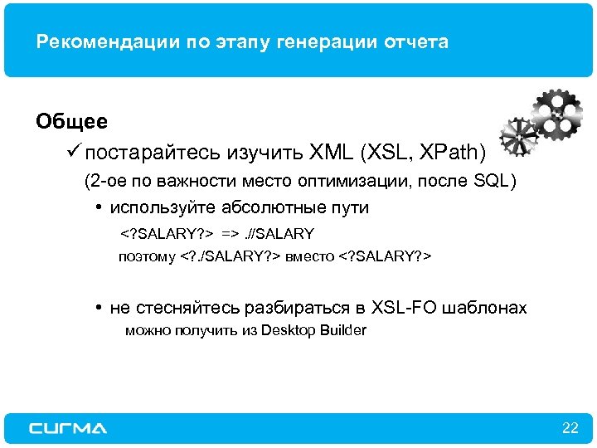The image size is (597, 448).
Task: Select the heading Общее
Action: [x=71, y=122]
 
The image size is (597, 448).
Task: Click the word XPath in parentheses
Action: [x=449, y=153]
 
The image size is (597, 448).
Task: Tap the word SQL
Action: [x=490, y=181]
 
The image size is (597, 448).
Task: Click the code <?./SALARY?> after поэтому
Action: [x=230, y=257]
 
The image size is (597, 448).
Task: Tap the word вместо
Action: [x=310, y=257]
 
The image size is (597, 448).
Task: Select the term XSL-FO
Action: [x=407, y=308]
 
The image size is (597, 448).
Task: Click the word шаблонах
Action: [x=488, y=308]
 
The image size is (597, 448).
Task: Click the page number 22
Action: [x=570, y=428]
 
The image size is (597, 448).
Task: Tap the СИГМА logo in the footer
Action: [x=68, y=428]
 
